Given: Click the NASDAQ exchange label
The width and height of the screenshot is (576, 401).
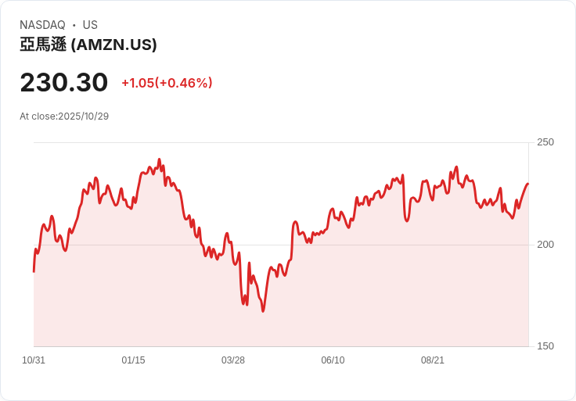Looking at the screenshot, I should pos(42,25).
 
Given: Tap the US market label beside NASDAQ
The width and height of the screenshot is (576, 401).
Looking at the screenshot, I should pos(90,25).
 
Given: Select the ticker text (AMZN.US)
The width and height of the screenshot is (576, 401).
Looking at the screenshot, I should pos(114,45).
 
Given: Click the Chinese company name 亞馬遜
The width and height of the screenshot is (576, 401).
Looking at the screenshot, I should pos(43,45).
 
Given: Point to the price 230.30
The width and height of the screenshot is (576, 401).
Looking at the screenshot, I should pos(64,83).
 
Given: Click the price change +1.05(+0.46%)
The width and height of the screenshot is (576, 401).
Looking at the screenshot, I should pos(167,83).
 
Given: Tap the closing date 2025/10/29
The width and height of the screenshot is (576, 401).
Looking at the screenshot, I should pos(83,116).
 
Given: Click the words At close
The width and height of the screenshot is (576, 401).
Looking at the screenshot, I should pos(38,116).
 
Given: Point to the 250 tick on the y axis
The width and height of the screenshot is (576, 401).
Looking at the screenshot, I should pos(545,142).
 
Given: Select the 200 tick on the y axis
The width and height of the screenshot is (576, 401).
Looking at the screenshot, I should pos(545,245).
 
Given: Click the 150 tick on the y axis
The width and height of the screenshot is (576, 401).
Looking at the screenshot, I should pos(545,346).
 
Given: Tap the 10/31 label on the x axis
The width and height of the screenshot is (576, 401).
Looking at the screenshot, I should pos(34,360).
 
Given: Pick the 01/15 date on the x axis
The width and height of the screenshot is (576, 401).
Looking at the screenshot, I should pos(133,360).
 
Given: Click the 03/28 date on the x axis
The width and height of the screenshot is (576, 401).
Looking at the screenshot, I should pos(233,360).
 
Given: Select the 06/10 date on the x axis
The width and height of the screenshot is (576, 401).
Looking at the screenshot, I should pos(333,360).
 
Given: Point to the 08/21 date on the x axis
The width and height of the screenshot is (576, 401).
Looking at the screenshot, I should pos(433,360).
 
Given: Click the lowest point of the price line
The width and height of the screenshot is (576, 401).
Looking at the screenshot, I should pos(263,311).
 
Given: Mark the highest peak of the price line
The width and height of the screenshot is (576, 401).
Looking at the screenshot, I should pos(159,159).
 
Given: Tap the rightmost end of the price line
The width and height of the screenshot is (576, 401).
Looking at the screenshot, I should pos(528,184).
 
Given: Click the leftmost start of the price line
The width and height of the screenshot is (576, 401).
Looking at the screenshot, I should pos(34,271).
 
